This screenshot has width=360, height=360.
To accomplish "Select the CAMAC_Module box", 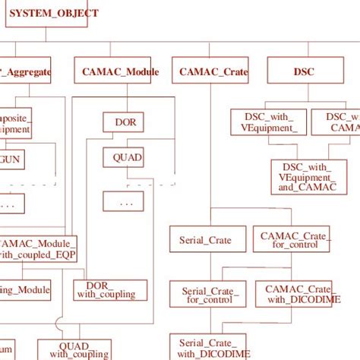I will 117,71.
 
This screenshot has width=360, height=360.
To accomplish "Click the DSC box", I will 303,71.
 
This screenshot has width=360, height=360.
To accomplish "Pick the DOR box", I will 124,122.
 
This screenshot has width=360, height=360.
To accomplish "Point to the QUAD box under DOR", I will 124,158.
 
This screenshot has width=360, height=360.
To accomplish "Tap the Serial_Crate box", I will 205,240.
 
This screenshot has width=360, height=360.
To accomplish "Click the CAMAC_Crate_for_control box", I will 292,241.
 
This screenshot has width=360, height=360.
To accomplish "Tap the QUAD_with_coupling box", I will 78,349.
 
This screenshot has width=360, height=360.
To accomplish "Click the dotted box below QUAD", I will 125,203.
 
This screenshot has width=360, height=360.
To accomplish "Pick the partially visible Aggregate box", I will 26,71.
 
